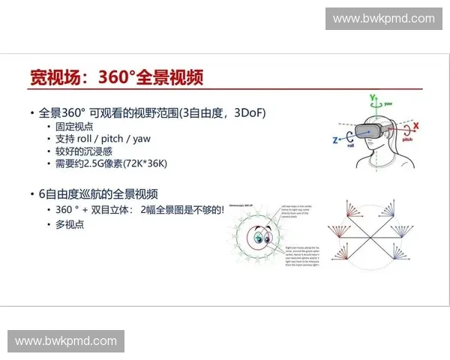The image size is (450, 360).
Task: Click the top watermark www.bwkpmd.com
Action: pyautogui.click(x=383, y=19)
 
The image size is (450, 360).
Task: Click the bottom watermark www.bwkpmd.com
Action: pyautogui.click(x=66, y=341)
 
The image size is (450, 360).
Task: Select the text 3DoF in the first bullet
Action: pyautogui.click(x=247, y=112)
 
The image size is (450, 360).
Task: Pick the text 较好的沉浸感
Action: pyautogui.click(x=85, y=151)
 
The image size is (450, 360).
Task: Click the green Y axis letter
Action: pyautogui.click(x=371, y=97)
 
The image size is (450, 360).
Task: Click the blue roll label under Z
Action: pyautogui.click(x=346, y=148)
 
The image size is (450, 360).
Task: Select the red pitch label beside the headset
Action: pyautogui.click(x=406, y=139)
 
